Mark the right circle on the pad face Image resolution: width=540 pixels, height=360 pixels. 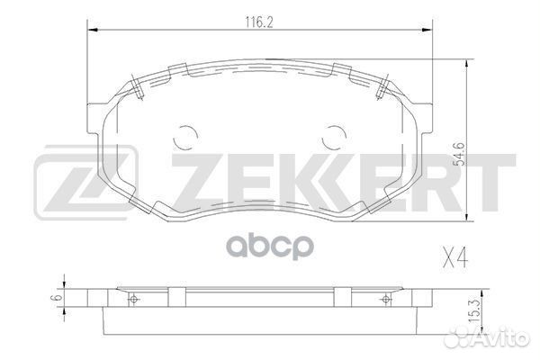[x=334, y=136]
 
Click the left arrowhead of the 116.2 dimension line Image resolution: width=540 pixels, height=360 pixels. [x=91, y=30]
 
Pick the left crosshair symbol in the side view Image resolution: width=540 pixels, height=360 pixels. [x=133, y=299]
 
